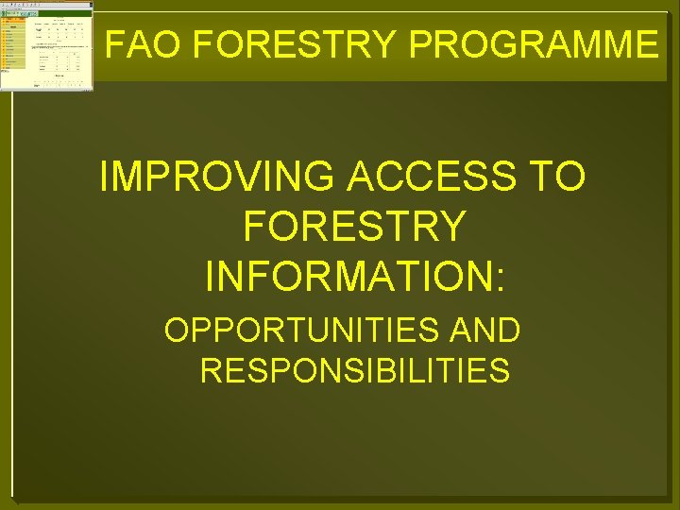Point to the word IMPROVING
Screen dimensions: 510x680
pos(221,177)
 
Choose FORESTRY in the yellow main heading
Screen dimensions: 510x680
pos(354,227)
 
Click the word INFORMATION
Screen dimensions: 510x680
pos(349,276)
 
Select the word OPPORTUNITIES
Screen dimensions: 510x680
pos(289,331)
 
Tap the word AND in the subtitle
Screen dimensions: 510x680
pos(484,331)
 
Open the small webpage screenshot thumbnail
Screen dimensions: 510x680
pos(47,45)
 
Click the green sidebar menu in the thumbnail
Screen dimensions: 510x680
pos(11,52)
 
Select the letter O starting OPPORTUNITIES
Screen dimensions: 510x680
pos(176,331)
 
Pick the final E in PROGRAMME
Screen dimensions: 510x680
pos(646,44)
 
